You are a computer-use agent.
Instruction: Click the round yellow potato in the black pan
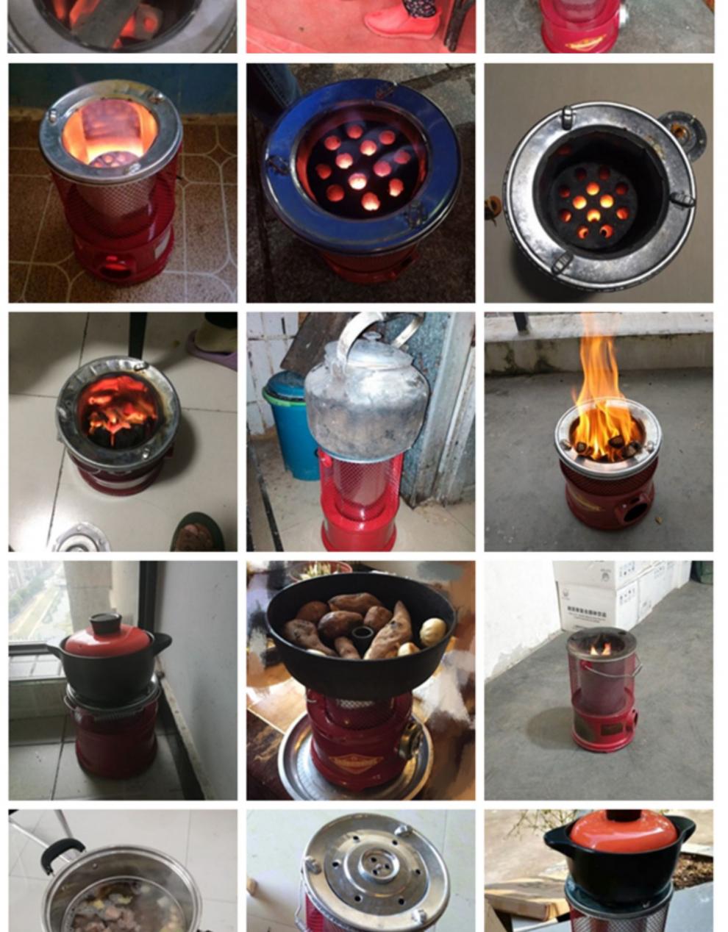click(432, 631)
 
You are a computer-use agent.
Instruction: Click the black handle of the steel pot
click(60, 855)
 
